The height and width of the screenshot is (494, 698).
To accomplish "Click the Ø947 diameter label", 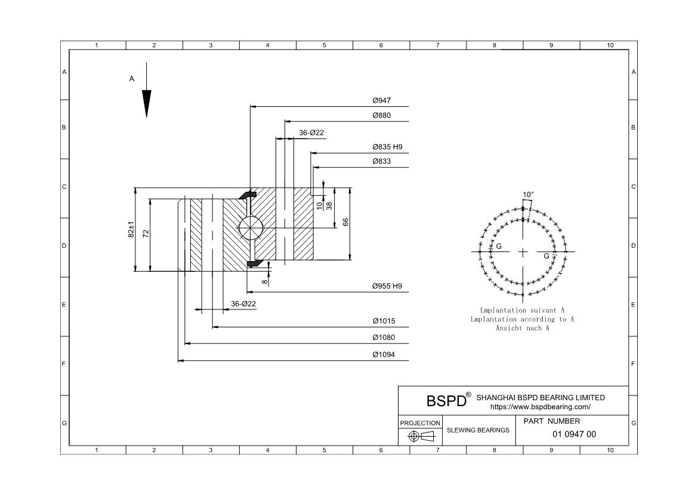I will pos(381,100).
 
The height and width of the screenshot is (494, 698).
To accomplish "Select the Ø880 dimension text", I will pos(381,115).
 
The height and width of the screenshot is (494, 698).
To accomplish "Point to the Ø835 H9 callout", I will pos(387,147).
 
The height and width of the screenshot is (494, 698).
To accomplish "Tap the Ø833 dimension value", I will pos(381,161).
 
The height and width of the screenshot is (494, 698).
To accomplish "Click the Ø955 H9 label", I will pos(387,286).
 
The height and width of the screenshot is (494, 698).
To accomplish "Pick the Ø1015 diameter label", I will pos(384,321).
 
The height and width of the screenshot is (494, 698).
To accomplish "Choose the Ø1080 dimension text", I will pos(384,337).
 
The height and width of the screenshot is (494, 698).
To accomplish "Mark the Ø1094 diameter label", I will pos(384,355).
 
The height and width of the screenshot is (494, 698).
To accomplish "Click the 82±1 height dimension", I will pos(131,230).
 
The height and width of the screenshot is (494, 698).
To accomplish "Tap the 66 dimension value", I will pos(345,222).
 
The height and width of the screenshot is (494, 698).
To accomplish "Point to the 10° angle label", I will pos(528,195).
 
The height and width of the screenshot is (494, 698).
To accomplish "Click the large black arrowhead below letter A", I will pos(146,103).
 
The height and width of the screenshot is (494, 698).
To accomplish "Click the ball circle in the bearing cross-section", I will pos(248,228).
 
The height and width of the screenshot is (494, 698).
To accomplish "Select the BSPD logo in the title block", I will pos(446,401).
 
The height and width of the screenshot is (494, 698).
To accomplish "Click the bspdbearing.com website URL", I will pos(540,407).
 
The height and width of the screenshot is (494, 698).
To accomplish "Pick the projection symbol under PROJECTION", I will pos(420,436).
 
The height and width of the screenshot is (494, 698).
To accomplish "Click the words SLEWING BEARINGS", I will pos(478,430).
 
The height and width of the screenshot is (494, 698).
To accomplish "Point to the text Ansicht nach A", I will pos(522,328).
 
